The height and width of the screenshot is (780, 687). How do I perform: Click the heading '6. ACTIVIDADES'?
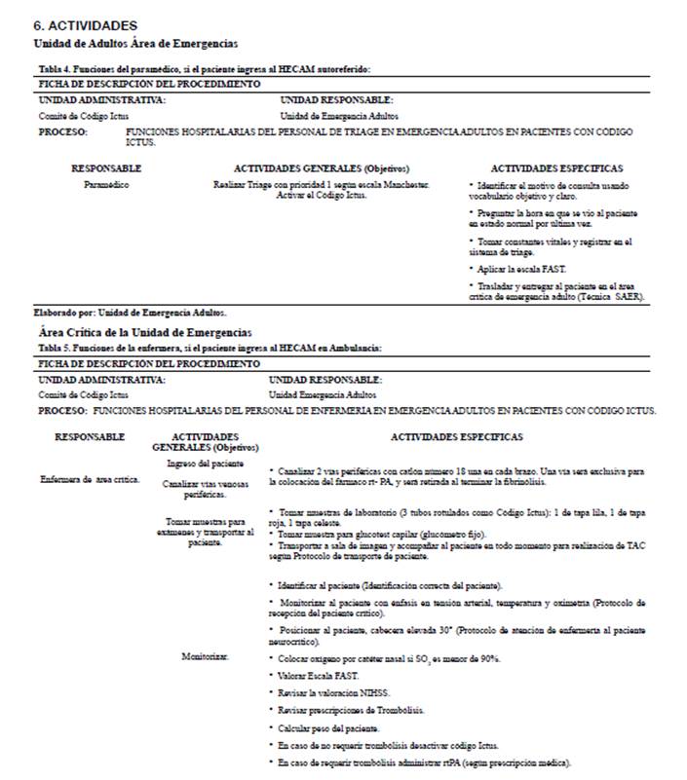click(x=85, y=25)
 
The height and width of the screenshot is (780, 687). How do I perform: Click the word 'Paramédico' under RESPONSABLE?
click(x=106, y=183)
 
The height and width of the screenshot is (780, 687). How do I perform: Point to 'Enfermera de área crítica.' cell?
click(x=90, y=479)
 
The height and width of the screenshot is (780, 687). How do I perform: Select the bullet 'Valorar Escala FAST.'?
click(x=317, y=675)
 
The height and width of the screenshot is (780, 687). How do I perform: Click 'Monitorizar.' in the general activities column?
click(x=205, y=657)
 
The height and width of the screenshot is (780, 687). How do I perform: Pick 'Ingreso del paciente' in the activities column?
click(x=206, y=464)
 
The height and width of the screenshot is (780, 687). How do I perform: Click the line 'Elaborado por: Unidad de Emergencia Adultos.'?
click(x=131, y=313)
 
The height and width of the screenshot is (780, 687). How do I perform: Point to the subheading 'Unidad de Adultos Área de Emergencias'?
click(x=135, y=44)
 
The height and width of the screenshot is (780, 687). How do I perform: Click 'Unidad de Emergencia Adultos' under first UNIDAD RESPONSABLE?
click(x=331, y=115)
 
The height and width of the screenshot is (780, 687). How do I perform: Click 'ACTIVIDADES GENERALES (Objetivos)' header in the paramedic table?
click(x=321, y=168)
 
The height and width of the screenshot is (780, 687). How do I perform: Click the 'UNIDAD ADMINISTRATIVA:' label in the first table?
click(x=101, y=99)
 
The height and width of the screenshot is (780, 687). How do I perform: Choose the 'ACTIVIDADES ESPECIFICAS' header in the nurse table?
click(x=456, y=437)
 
